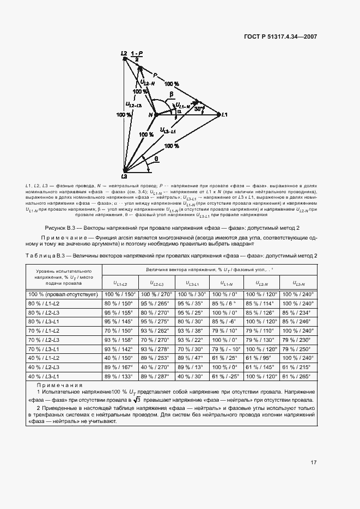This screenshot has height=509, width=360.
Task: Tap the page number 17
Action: [314, 463]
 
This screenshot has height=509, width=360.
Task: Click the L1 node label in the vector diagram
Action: [224, 114]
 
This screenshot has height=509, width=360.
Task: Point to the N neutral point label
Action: [151, 114]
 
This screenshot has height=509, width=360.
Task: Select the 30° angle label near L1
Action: [200, 108]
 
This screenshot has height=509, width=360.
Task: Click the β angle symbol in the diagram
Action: [170, 94]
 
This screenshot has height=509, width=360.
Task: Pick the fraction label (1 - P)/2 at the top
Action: [137, 55]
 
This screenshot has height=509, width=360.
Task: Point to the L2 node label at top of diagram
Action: [124, 53]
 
